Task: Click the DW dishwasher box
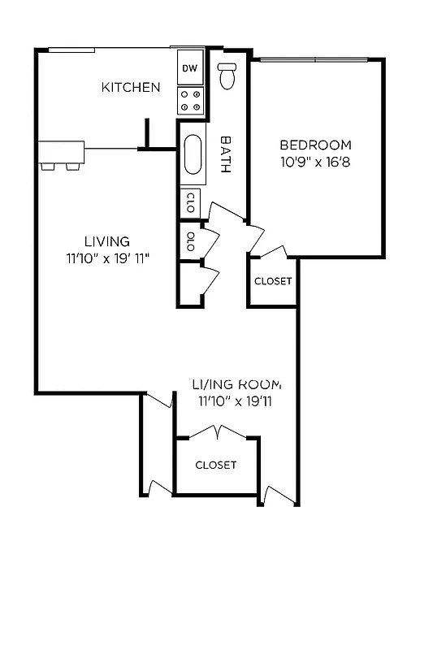click(x=189, y=67)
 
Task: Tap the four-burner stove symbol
click(x=191, y=100)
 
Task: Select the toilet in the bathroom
click(x=227, y=75)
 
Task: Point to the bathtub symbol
click(x=193, y=154)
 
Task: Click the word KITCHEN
click(x=130, y=87)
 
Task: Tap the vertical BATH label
click(x=227, y=154)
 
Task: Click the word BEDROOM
click(x=316, y=145)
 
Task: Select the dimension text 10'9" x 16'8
click(x=316, y=161)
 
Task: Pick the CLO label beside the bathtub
click(x=190, y=201)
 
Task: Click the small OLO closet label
click(x=190, y=243)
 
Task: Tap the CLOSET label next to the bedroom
click(x=273, y=281)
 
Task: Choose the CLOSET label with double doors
click(x=216, y=465)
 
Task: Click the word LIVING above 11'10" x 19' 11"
click(x=107, y=241)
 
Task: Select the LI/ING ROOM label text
click(x=236, y=383)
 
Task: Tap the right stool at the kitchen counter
click(x=73, y=167)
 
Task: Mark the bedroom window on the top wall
click(x=315, y=59)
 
